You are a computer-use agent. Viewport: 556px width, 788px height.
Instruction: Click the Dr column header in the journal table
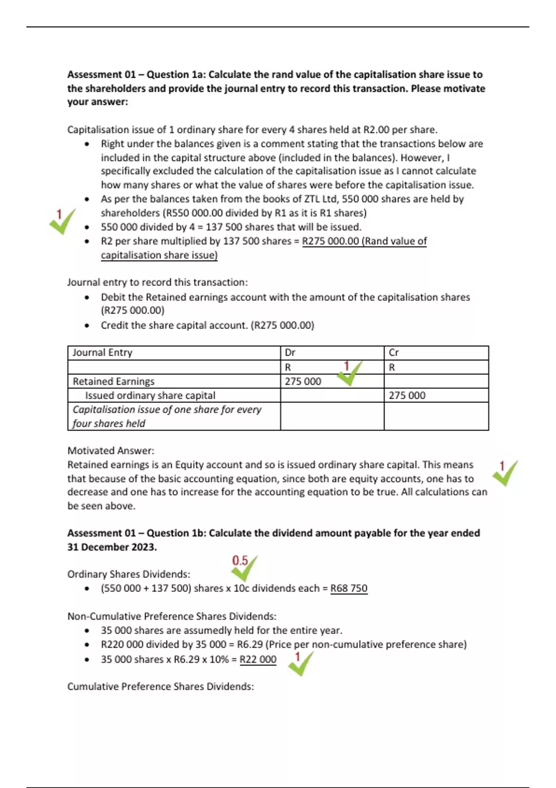[290, 353]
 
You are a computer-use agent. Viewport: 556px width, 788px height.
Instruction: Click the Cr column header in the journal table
[394, 353]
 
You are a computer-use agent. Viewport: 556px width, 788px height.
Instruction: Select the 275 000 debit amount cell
[303, 381]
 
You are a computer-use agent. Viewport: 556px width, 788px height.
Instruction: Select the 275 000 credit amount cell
[407, 395]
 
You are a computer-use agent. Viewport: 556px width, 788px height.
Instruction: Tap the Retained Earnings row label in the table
[114, 381]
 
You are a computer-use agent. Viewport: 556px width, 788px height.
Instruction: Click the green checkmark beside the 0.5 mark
[244, 569]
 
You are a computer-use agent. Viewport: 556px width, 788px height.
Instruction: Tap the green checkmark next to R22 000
[301, 664]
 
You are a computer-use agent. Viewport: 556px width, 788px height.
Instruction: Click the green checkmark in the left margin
[63, 222]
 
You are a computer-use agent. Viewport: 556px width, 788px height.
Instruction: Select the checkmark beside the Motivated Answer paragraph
[505, 473]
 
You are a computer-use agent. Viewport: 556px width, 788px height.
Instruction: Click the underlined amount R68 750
[349, 588]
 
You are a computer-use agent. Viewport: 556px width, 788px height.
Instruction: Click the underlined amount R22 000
[258, 659]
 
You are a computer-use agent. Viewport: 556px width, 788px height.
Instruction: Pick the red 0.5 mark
[240, 561]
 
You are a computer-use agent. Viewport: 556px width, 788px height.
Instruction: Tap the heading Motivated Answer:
[111, 451]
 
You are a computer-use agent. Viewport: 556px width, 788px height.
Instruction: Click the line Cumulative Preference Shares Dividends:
[161, 686]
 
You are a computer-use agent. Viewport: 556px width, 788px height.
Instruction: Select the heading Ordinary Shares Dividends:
[129, 574]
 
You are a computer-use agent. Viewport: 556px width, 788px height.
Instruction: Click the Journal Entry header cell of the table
[102, 353]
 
